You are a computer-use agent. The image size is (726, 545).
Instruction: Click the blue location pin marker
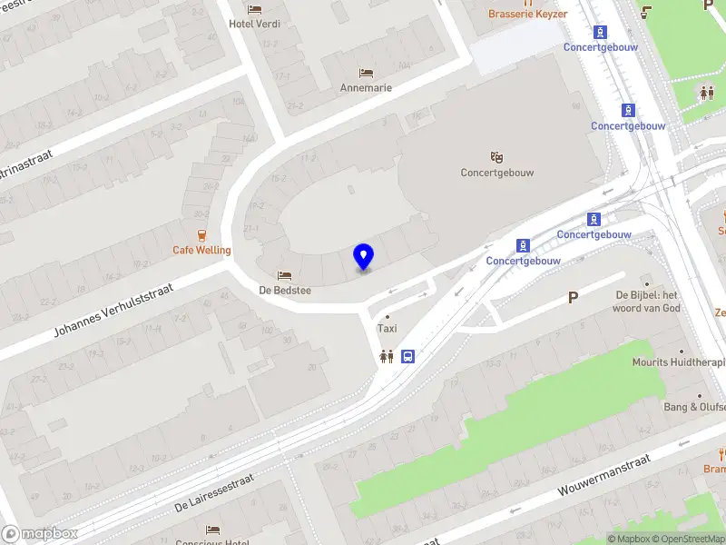[x=363, y=256]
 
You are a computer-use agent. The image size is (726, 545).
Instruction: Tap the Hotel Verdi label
[x=254, y=24]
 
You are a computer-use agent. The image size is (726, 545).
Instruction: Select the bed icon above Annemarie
[x=366, y=73]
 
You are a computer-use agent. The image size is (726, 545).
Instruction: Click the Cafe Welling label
[x=202, y=250]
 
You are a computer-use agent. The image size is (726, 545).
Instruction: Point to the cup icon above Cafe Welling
[x=201, y=234]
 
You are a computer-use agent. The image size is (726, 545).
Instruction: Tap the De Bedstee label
[x=285, y=290]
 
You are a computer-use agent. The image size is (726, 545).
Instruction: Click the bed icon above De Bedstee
[x=285, y=275]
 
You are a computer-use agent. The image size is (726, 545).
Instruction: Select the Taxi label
[x=388, y=328]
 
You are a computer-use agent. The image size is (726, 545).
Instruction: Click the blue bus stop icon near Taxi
[x=408, y=356]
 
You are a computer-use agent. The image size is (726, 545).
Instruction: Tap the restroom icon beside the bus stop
[x=388, y=356]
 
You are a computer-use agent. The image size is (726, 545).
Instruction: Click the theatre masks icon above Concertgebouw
[x=495, y=157]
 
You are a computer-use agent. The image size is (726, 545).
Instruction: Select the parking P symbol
[x=573, y=297]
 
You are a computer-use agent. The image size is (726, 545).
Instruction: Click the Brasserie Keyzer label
[x=527, y=14]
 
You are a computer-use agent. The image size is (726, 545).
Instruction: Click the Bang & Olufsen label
[x=694, y=407]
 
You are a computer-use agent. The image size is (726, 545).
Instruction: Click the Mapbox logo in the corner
[x=40, y=534]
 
